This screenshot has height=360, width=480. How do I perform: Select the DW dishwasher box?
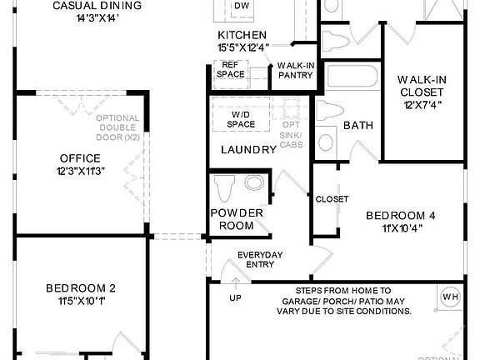[x=242, y=7]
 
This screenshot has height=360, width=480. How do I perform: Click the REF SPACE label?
[x=230, y=70]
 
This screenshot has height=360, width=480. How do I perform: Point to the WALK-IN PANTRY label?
[x=295, y=70]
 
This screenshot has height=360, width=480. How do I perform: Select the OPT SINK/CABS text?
[x=292, y=123]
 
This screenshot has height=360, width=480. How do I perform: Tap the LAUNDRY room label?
[x=248, y=150]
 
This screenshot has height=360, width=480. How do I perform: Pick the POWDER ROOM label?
[x=236, y=219]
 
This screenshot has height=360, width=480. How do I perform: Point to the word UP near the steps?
[x=237, y=297]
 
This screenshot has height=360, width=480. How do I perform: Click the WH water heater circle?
[x=450, y=297]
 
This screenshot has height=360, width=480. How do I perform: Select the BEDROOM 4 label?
[x=401, y=221]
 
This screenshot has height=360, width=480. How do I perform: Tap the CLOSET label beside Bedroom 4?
[x=332, y=199]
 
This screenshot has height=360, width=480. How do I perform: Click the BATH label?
[x=358, y=126]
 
